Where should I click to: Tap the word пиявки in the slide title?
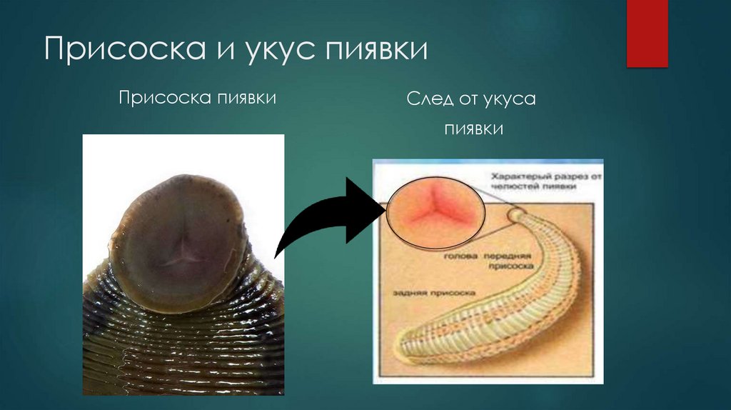376,52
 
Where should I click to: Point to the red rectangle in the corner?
647,34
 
